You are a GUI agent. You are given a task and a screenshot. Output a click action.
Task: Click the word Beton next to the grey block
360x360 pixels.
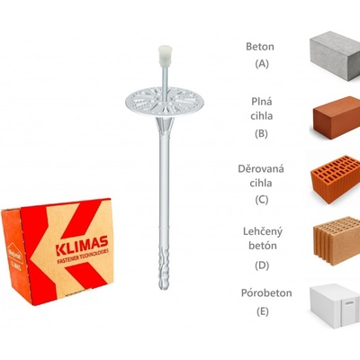(x=260, y=47)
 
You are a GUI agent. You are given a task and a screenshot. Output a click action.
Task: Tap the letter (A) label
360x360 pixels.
(x=262, y=64)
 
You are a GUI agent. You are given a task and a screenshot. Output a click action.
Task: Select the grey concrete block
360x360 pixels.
(x=335, y=56)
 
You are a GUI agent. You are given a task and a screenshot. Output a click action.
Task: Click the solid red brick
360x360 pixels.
(x=337, y=117)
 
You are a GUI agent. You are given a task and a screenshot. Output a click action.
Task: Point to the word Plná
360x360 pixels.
(x=262, y=102)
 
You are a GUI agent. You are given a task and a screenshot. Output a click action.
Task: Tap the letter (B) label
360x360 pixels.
(x=261, y=133)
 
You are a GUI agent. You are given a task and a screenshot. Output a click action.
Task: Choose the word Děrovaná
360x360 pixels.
(x=261, y=168)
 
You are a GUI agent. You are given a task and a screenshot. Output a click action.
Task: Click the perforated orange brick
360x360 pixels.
(x=335, y=179)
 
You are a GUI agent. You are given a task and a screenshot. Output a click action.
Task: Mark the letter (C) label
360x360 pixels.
(x=262, y=200)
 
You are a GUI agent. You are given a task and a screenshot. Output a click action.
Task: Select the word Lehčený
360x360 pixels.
(x=263, y=232)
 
